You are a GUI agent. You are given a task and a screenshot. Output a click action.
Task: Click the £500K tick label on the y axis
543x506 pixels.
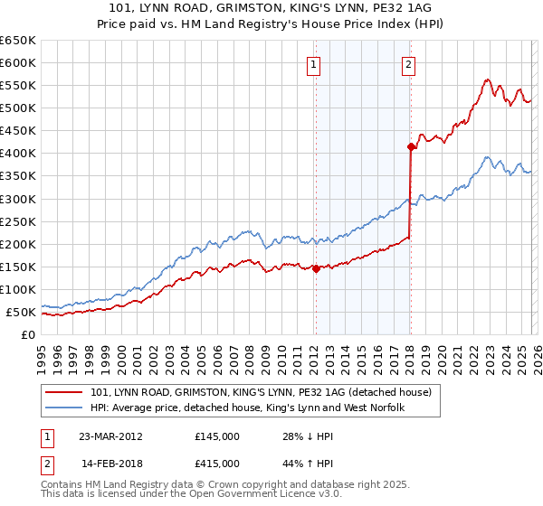[x=18, y=108]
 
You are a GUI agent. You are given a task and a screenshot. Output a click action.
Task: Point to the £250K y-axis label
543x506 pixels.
[x=18, y=221]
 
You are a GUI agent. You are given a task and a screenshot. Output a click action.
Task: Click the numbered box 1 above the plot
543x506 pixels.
[x=314, y=64]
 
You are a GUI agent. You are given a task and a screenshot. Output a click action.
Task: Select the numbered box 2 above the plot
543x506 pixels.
[x=409, y=64]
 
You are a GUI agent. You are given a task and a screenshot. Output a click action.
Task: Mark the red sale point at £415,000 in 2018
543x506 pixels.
[x=411, y=146]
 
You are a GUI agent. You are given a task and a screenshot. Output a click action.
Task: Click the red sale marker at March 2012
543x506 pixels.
[x=316, y=268]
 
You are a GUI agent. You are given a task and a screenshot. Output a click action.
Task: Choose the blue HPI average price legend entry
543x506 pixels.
[x=247, y=408]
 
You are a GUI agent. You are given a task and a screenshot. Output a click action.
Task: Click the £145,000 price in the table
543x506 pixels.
[x=216, y=437]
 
